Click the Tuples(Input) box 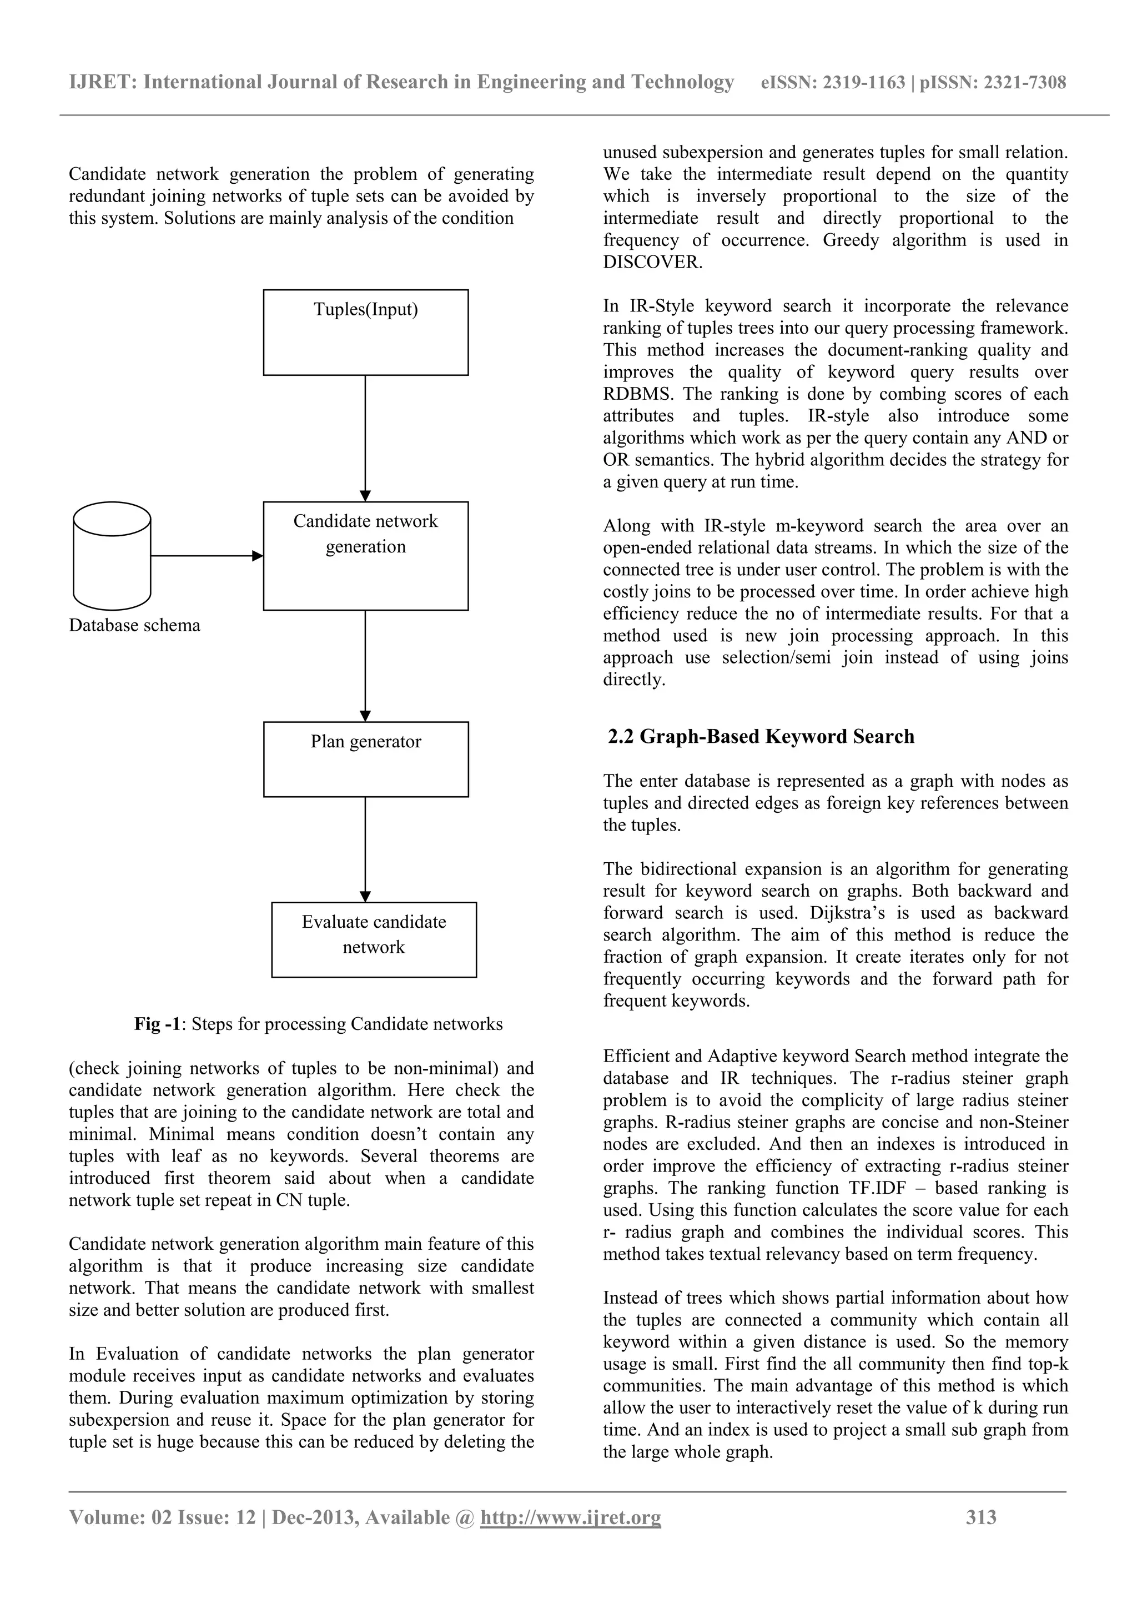(x=366, y=332)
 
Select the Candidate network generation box (x=366, y=556)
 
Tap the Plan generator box (x=366, y=759)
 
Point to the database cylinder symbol (x=112, y=556)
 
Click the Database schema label (x=134, y=625)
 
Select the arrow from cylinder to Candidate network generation (x=207, y=556)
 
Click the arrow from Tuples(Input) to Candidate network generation (x=365, y=438)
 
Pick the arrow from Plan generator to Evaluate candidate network (x=365, y=849)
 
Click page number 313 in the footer (x=981, y=1517)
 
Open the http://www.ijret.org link (x=570, y=1517)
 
